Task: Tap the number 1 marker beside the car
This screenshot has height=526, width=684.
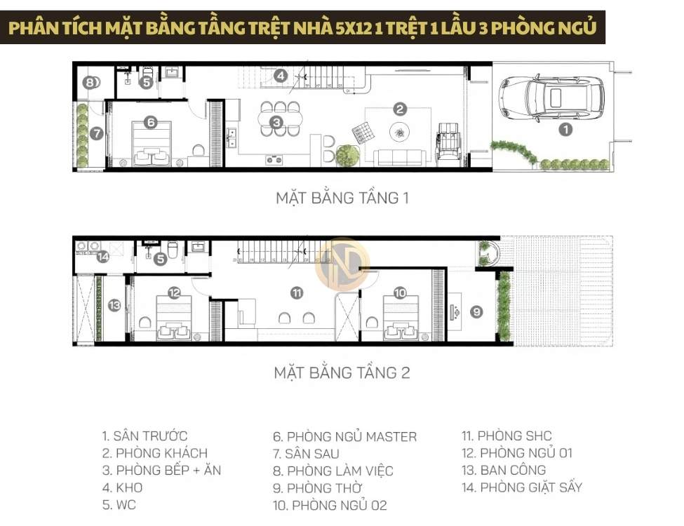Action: coord(565,129)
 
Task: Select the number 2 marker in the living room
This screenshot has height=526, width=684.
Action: coord(400,109)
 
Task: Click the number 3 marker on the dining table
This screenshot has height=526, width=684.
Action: coord(280,76)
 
